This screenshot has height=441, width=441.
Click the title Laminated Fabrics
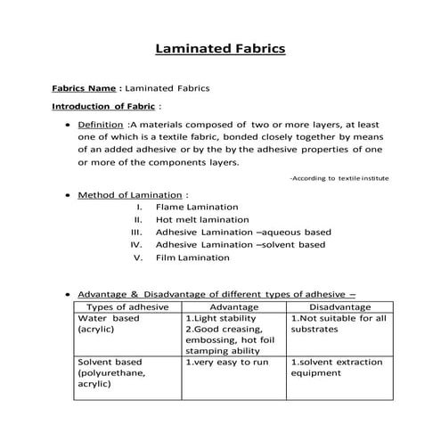pos(220,48)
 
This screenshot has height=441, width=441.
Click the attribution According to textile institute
pos(339,178)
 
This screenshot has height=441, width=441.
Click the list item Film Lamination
pos(192,257)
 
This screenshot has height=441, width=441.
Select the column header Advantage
pos(233,306)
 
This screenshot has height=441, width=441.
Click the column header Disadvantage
pos(338,306)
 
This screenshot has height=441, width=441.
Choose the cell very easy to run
pos(222,363)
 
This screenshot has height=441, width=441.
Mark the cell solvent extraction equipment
pos(337,368)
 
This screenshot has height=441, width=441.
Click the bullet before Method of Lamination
pos(68,194)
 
